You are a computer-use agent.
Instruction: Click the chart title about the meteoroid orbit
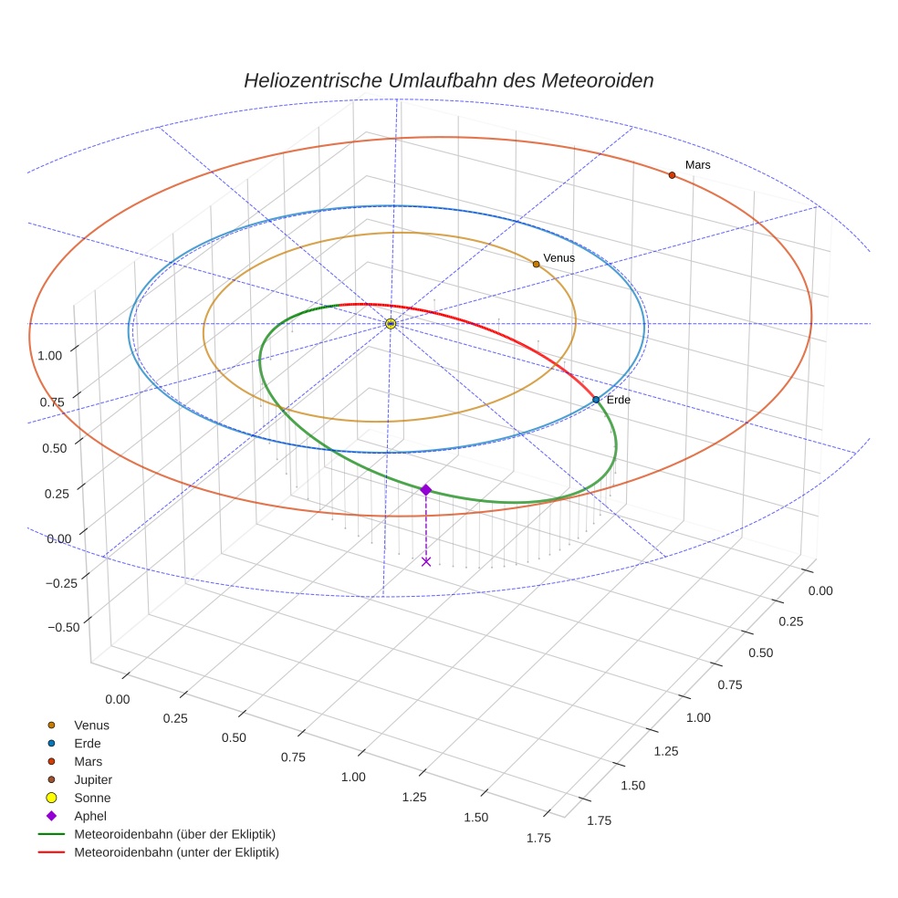[x=448, y=80]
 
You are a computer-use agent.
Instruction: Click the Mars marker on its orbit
[x=672, y=175]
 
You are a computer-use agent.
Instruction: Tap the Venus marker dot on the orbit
[x=536, y=264]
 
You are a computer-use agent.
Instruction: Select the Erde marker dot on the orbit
[x=596, y=400]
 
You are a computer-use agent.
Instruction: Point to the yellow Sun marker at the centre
[x=391, y=324]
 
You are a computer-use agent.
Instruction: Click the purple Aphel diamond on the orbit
[x=425, y=490]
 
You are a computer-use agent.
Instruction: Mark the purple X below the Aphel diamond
[x=426, y=561]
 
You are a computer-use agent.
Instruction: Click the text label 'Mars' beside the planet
[x=697, y=165]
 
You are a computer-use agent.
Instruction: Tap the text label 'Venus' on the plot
[x=559, y=258]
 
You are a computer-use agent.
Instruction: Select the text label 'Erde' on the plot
[x=618, y=400]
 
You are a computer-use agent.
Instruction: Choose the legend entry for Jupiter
[x=92, y=779]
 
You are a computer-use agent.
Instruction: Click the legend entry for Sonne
[x=92, y=798]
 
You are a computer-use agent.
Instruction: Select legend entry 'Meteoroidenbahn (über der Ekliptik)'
[x=174, y=834]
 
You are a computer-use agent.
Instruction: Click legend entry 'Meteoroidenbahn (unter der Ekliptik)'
[x=176, y=852]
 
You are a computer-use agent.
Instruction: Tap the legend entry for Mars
[x=88, y=761]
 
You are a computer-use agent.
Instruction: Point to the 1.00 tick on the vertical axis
[x=49, y=354]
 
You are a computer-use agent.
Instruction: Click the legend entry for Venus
[x=91, y=725]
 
